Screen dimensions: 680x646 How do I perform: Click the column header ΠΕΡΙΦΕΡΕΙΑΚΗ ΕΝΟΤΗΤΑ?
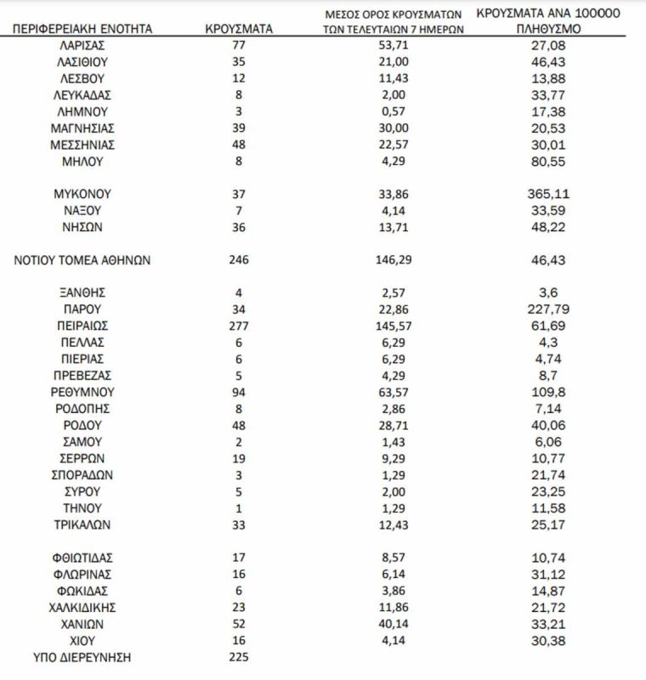coord(82,28)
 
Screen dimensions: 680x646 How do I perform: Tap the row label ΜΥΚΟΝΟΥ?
coord(82,194)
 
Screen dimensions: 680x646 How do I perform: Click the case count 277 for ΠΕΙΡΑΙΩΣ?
coord(239,326)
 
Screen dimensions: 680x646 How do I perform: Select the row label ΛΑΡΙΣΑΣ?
coord(82,45)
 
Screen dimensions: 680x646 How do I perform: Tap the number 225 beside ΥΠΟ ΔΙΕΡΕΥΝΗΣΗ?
coord(239,657)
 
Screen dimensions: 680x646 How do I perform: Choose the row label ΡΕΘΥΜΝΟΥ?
coord(82,392)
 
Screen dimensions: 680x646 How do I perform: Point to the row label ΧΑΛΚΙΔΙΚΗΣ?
coord(82,607)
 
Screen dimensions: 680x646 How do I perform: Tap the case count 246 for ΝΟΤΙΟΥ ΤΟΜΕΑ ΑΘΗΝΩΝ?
coord(239,260)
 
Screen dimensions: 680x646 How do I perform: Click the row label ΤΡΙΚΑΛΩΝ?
coord(82,524)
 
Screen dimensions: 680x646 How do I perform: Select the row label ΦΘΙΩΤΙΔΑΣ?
coord(82,558)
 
